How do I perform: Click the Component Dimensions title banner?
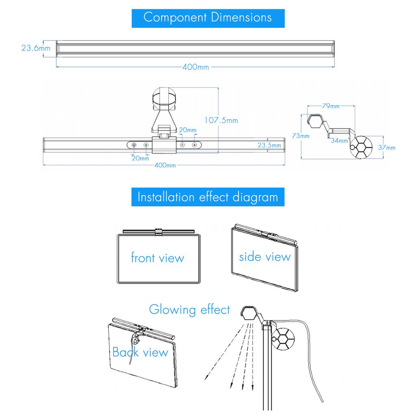click(x=208, y=17)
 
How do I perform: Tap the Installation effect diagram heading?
click(x=208, y=197)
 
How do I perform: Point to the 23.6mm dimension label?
click(x=36, y=48)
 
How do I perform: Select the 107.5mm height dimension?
click(x=221, y=120)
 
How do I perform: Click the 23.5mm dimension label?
click(x=269, y=145)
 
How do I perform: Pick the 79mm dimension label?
click(x=331, y=106)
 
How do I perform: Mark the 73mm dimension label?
click(x=301, y=136)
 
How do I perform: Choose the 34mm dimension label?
click(x=339, y=141)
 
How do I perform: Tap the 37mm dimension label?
click(x=386, y=148)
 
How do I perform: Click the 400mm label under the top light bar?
click(x=195, y=67)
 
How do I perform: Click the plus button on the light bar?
click(x=194, y=145)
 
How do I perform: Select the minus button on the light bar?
click(x=182, y=145)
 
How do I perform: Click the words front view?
click(x=157, y=258)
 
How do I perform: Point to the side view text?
click(x=264, y=257)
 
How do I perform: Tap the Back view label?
click(x=140, y=352)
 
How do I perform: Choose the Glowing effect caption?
click(x=189, y=310)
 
